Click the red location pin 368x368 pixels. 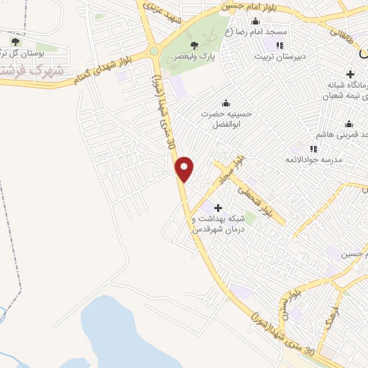[x=185, y=169]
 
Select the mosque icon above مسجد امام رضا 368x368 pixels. [x=227, y=20]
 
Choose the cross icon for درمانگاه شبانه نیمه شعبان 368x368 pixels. [x=350, y=74]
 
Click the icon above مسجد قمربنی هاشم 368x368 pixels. [x=349, y=124]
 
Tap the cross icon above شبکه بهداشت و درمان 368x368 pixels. [x=218, y=208]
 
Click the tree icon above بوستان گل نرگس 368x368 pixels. [x=16, y=42]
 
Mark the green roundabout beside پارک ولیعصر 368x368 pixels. [x=154, y=51]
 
